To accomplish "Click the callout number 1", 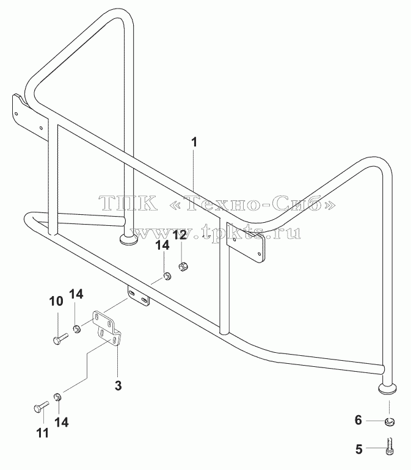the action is click(x=194, y=142).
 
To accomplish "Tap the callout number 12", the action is click(x=180, y=235).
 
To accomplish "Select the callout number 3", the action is click(x=118, y=386).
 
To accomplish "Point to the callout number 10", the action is click(x=56, y=302).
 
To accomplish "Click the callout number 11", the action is click(x=42, y=433).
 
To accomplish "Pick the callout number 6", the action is click(x=358, y=420).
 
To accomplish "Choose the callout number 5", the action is click(x=359, y=449).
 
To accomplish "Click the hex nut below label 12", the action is click(x=183, y=266).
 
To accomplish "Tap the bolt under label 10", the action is click(x=60, y=339).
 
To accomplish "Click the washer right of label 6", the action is click(x=390, y=422).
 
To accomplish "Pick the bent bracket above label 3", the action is click(x=106, y=328).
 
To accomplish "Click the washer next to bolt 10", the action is click(x=77, y=329).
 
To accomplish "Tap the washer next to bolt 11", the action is click(x=57, y=397).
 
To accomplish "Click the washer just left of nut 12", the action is click(x=167, y=276).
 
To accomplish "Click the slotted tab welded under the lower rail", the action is click(x=139, y=295).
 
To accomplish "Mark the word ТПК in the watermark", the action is click(x=129, y=203).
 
